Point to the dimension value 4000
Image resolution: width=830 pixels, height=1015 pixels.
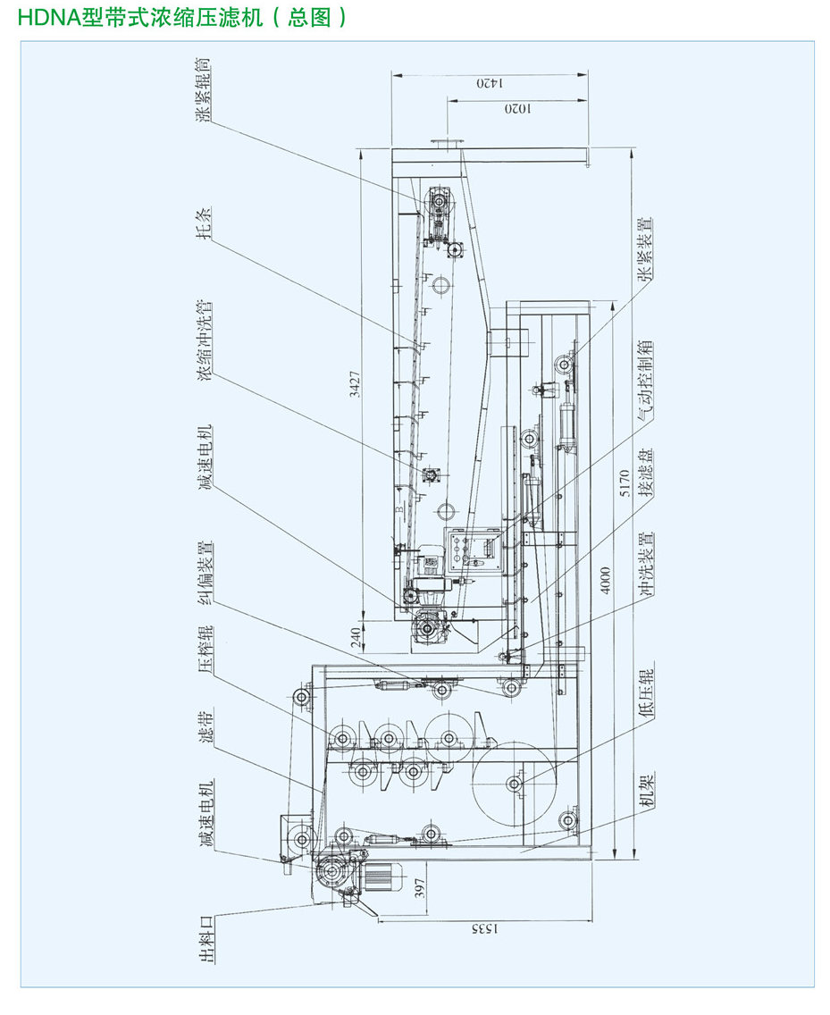[606, 581]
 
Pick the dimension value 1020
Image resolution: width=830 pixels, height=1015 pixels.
[517, 109]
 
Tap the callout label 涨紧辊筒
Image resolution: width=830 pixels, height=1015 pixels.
[205, 88]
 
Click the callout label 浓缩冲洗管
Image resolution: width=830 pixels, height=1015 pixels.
[205, 340]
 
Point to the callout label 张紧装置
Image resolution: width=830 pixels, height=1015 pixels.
[646, 249]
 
